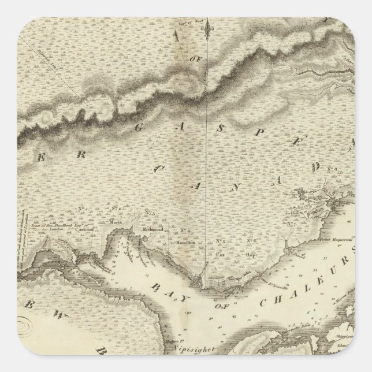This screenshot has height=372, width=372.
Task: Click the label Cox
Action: (x=221, y=253)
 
